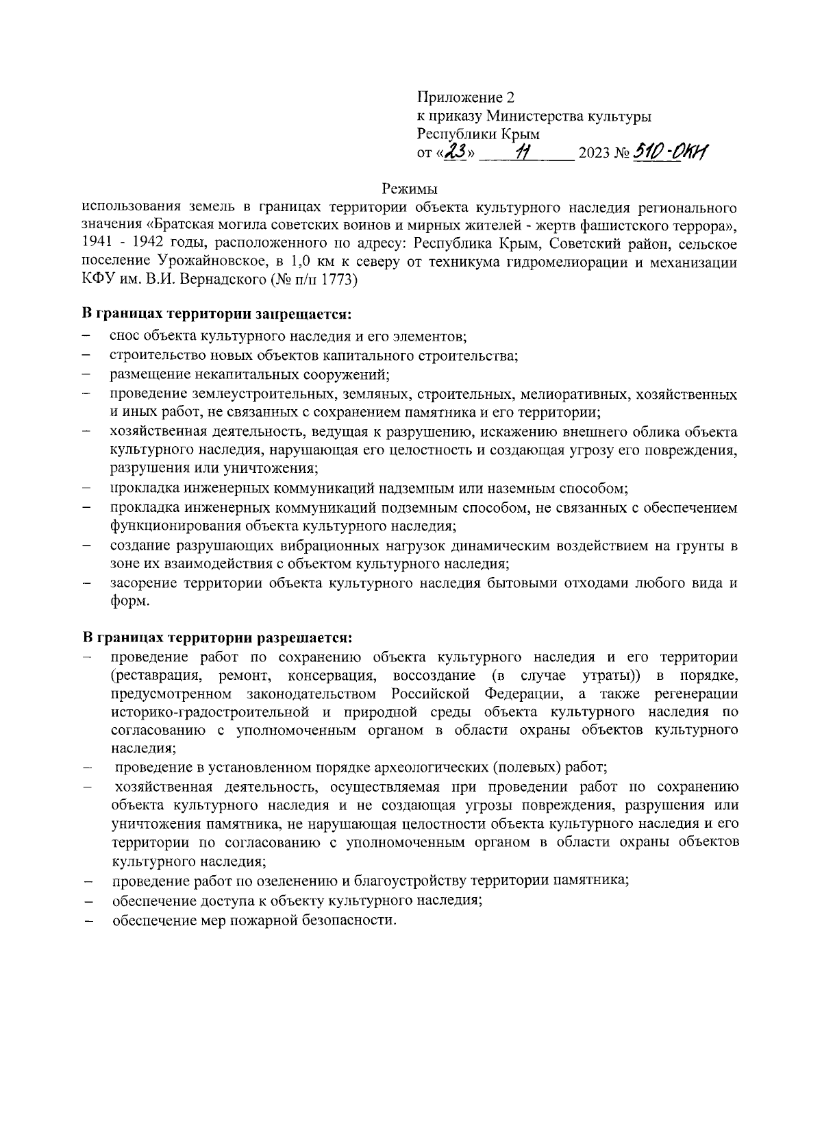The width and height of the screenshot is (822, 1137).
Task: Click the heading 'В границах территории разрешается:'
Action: click(216, 638)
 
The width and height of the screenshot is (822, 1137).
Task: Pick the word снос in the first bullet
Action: click(124, 337)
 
